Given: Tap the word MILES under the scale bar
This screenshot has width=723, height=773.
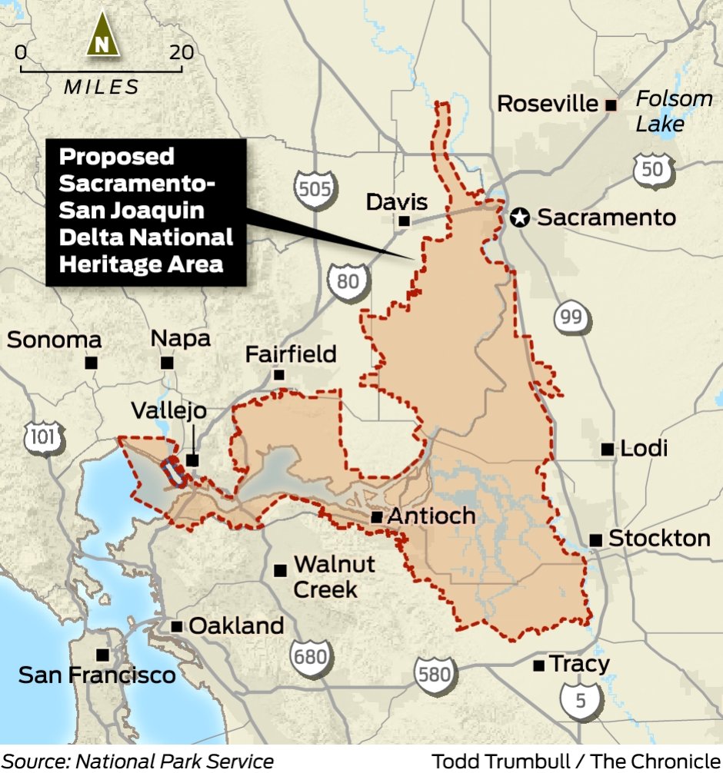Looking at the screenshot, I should (x=102, y=87).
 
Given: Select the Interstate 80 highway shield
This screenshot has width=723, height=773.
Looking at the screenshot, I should (x=348, y=280).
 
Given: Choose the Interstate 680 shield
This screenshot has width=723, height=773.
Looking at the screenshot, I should (x=310, y=654).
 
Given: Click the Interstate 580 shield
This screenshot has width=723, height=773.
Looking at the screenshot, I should (x=433, y=674).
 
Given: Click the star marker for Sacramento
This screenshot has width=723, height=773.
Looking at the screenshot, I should (x=521, y=218).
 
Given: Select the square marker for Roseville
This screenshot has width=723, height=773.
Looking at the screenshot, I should (x=611, y=105).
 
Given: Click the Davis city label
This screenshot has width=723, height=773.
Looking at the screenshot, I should (x=397, y=203).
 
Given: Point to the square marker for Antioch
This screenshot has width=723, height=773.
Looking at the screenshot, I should (x=377, y=517).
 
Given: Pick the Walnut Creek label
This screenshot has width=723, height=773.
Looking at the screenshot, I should (x=334, y=576).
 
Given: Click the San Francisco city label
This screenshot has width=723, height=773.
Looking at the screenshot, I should (x=97, y=675).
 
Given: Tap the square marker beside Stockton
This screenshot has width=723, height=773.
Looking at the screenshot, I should (x=596, y=540).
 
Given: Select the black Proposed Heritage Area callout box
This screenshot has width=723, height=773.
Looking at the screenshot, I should (x=146, y=211).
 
